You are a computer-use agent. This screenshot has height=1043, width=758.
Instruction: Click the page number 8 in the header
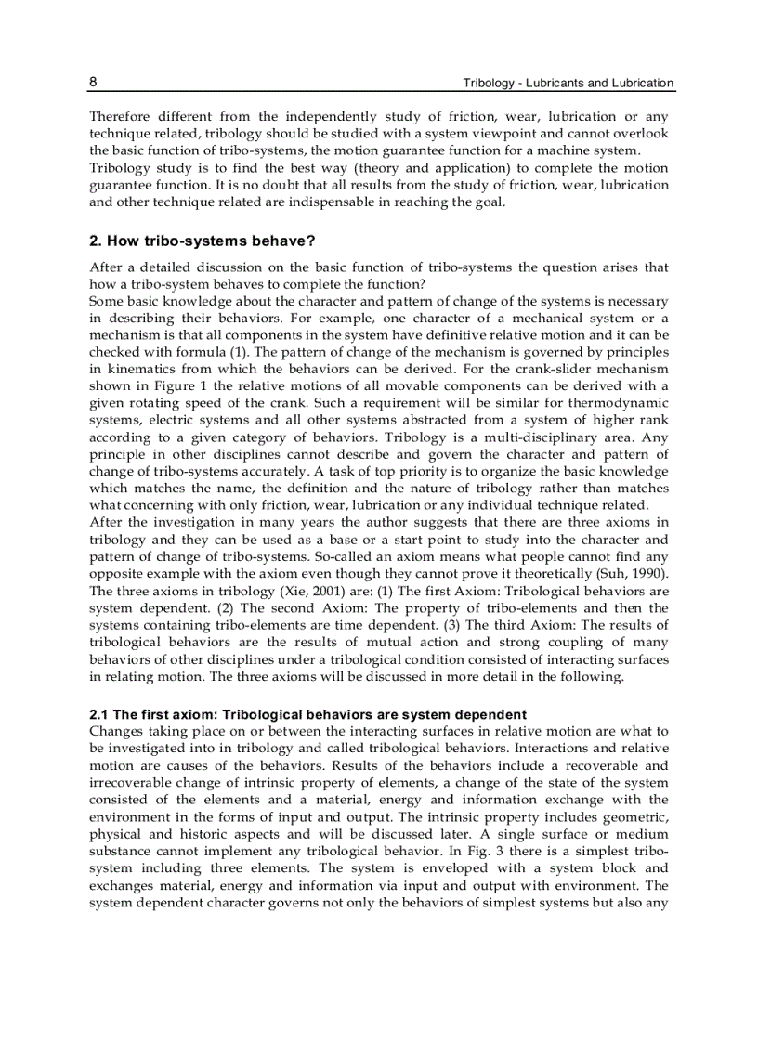(x=94, y=82)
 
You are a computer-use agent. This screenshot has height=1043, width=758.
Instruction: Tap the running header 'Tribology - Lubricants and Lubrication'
(x=568, y=83)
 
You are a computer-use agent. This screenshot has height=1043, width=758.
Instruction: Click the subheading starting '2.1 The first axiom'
(x=307, y=714)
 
